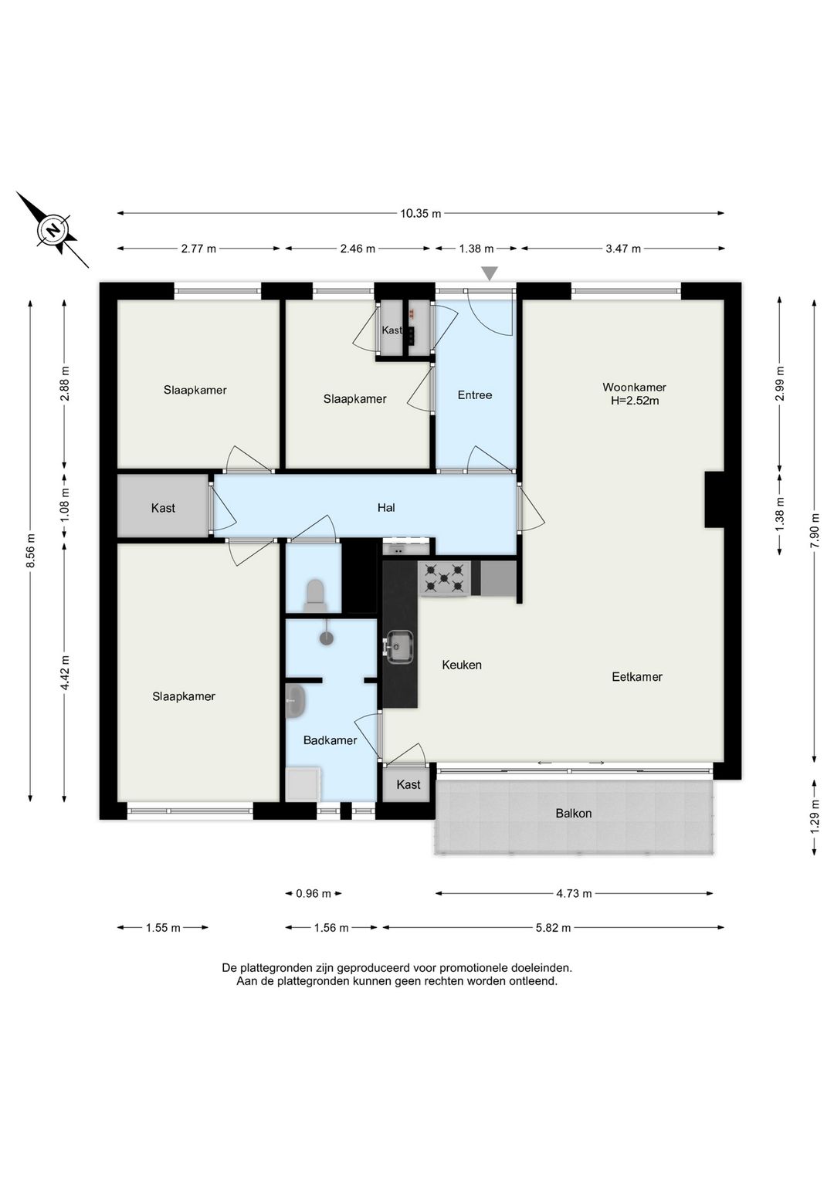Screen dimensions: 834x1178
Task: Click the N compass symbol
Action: pos(53,230)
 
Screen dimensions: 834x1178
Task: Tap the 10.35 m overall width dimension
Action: pos(420,214)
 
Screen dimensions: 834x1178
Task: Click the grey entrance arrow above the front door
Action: pos(490,273)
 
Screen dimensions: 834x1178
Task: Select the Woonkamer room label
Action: pos(634,387)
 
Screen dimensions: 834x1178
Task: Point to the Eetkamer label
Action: pos(636,677)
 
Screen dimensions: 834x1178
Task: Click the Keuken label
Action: pos(462,665)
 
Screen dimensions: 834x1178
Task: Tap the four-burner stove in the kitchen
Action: pos(444,578)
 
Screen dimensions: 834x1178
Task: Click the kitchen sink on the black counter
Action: pos(398,648)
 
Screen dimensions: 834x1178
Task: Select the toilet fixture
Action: pos(315,595)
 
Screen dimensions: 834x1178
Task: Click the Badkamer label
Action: pos(330,740)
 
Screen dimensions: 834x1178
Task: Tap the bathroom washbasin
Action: pos(295,702)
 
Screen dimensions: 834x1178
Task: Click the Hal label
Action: pos(386,507)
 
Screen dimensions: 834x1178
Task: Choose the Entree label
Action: pos(475,395)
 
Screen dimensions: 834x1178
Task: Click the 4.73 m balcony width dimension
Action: pos(574,893)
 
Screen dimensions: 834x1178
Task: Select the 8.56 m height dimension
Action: pos(31,550)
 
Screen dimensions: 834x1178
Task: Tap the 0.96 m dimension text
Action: pos(314,893)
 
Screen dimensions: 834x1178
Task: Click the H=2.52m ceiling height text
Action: pos(635,401)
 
